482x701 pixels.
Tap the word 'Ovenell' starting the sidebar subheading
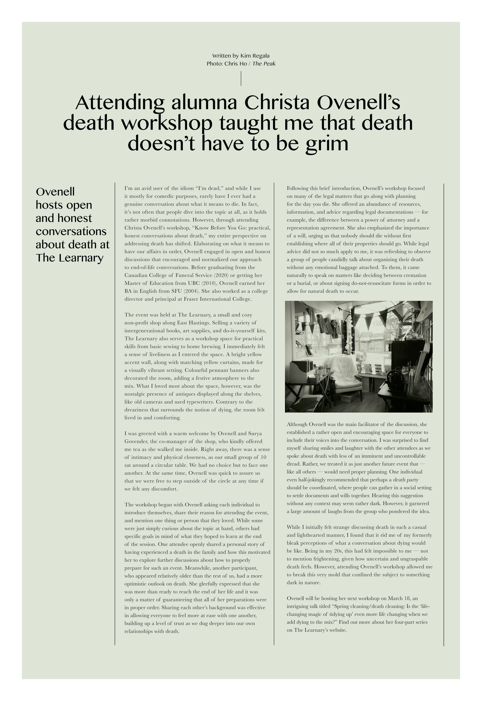pyautogui.click(x=55, y=192)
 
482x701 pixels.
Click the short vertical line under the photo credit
pyautogui.click(x=241, y=78)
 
